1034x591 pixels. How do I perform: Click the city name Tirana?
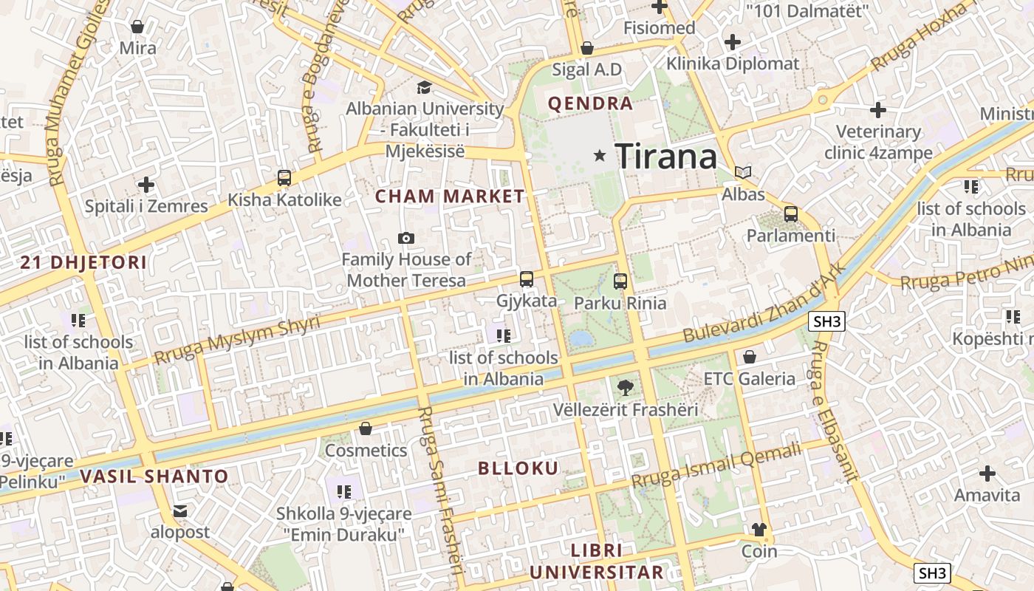pyautogui.click(x=665, y=157)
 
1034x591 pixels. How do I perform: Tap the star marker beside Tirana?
pyautogui.click(x=600, y=156)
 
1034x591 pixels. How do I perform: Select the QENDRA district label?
pyautogui.click(x=590, y=103)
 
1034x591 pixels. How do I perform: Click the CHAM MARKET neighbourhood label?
pyautogui.click(x=450, y=197)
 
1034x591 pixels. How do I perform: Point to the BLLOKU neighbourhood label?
pyautogui.click(x=518, y=468)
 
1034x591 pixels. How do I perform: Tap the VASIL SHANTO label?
pyautogui.click(x=154, y=476)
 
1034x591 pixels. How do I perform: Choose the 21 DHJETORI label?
pyautogui.click(x=83, y=262)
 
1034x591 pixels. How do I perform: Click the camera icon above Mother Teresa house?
pyautogui.click(x=405, y=238)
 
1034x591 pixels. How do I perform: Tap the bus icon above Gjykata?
pyautogui.click(x=526, y=279)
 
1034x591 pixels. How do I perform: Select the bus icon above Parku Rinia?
pyautogui.click(x=620, y=281)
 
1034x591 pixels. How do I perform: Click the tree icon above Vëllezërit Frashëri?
pyautogui.click(x=625, y=387)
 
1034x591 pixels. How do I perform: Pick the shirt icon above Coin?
pyautogui.click(x=759, y=530)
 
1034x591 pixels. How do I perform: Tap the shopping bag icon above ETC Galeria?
pyautogui.click(x=750, y=358)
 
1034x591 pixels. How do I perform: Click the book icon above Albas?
pyautogui.click(x=743, y=173)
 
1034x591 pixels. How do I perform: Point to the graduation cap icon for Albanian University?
pyautogui.click(x=424, y=87)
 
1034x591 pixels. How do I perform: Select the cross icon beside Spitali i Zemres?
pyautogui.click(x=146, y=184)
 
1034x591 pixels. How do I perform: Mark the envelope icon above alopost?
pyautogui.click(x=180, y=511)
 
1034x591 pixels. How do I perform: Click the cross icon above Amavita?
pyautogui.click(x=987, y=474)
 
